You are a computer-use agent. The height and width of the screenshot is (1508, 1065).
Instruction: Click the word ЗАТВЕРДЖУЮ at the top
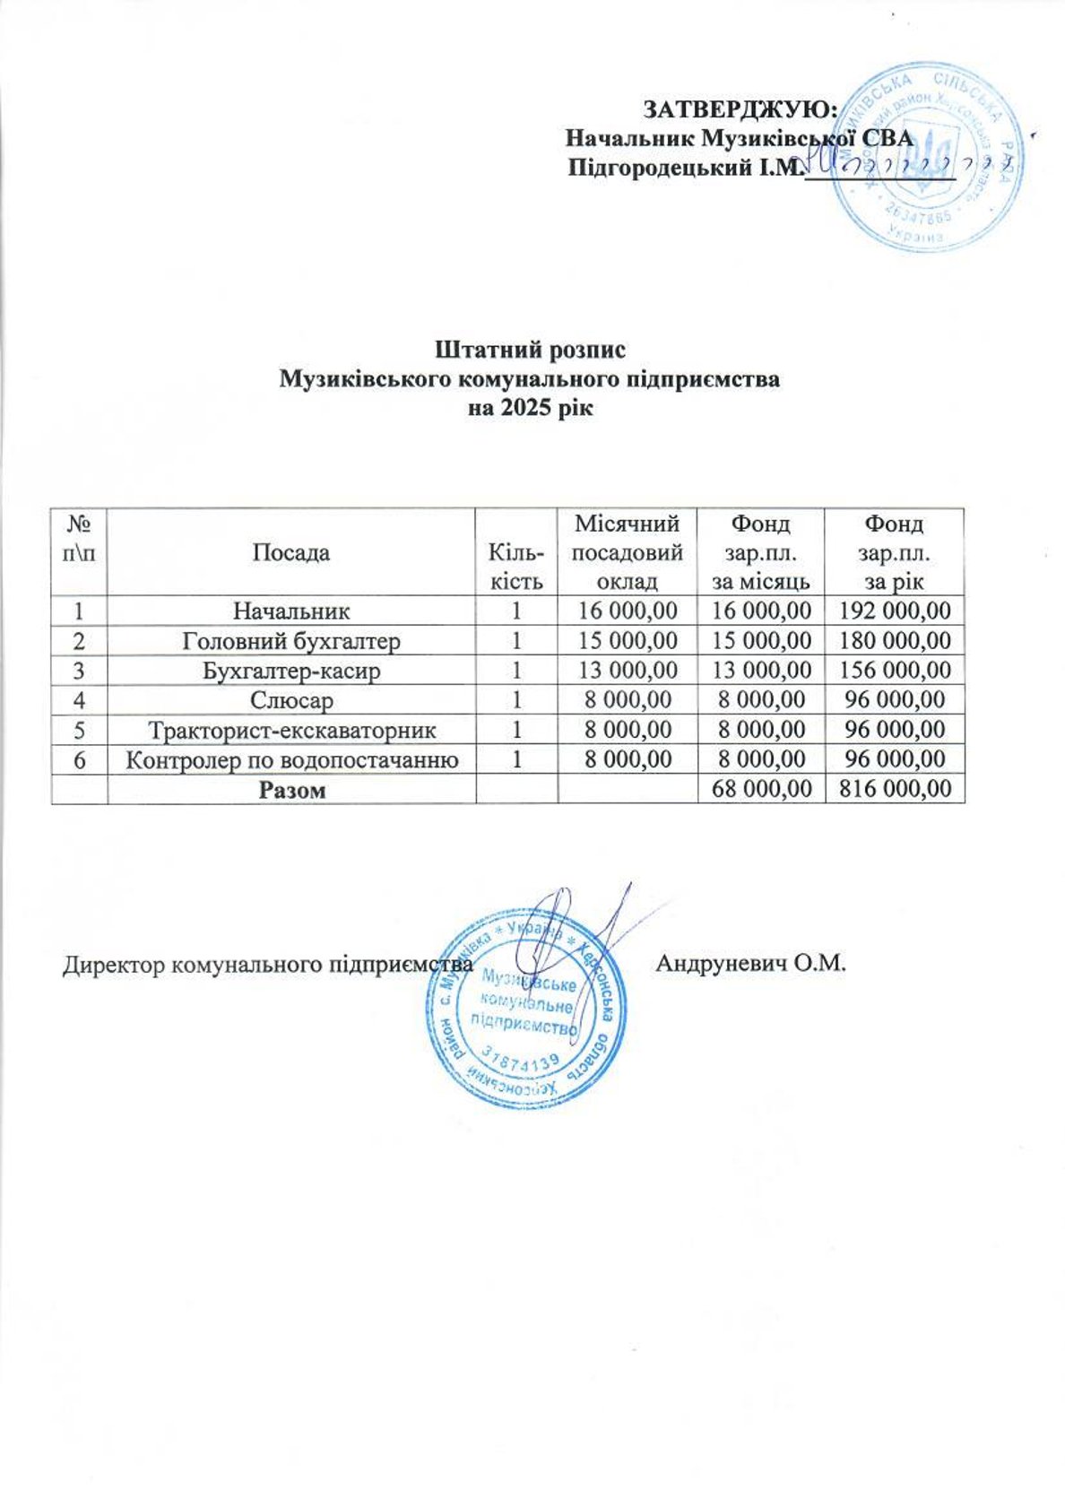740,109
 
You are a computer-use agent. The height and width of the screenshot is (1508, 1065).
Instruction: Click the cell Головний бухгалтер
291,641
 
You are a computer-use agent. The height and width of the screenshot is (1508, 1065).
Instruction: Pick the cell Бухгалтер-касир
291,671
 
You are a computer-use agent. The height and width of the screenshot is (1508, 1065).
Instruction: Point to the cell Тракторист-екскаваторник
291,730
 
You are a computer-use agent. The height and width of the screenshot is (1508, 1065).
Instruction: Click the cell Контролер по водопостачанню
291,759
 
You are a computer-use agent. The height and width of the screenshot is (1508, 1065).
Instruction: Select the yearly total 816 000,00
894,789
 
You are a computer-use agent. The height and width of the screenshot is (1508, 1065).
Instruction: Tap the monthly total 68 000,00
760,789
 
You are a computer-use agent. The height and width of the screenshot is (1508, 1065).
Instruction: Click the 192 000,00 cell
894,611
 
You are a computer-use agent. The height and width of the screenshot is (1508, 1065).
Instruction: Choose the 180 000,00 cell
894,641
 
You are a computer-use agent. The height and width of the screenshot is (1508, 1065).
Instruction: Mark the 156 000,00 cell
894,671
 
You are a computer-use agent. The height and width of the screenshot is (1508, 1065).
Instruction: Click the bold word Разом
291,790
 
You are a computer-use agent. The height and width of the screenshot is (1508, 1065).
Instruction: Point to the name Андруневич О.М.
751,965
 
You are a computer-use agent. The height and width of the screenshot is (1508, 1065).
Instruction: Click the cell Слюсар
291,700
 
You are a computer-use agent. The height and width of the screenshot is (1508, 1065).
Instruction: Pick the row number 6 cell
80,759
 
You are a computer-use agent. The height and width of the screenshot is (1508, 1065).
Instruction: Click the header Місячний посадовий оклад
628,552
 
